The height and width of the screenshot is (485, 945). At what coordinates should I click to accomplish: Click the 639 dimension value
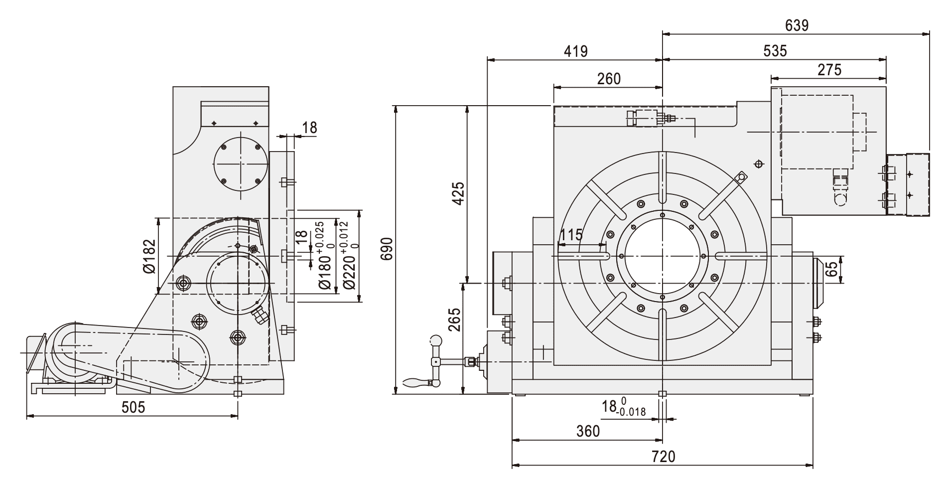pos(797,25)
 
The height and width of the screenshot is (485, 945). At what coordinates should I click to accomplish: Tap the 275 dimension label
pos(829,69)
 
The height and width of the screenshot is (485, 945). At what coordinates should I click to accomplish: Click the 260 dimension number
pos(608,78)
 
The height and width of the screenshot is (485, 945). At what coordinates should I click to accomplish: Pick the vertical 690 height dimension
pos(387,249)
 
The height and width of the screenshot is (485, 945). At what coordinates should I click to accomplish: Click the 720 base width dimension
pos(663,457)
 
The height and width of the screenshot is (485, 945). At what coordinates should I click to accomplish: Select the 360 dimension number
pos(588,431)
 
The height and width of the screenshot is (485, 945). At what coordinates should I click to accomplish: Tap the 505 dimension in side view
pos(133,407)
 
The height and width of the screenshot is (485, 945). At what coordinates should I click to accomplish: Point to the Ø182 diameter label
pos(149,256)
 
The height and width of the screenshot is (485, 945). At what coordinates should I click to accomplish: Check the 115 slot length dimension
pos(571,235)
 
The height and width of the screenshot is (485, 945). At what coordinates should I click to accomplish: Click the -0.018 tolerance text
pos(631,412)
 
